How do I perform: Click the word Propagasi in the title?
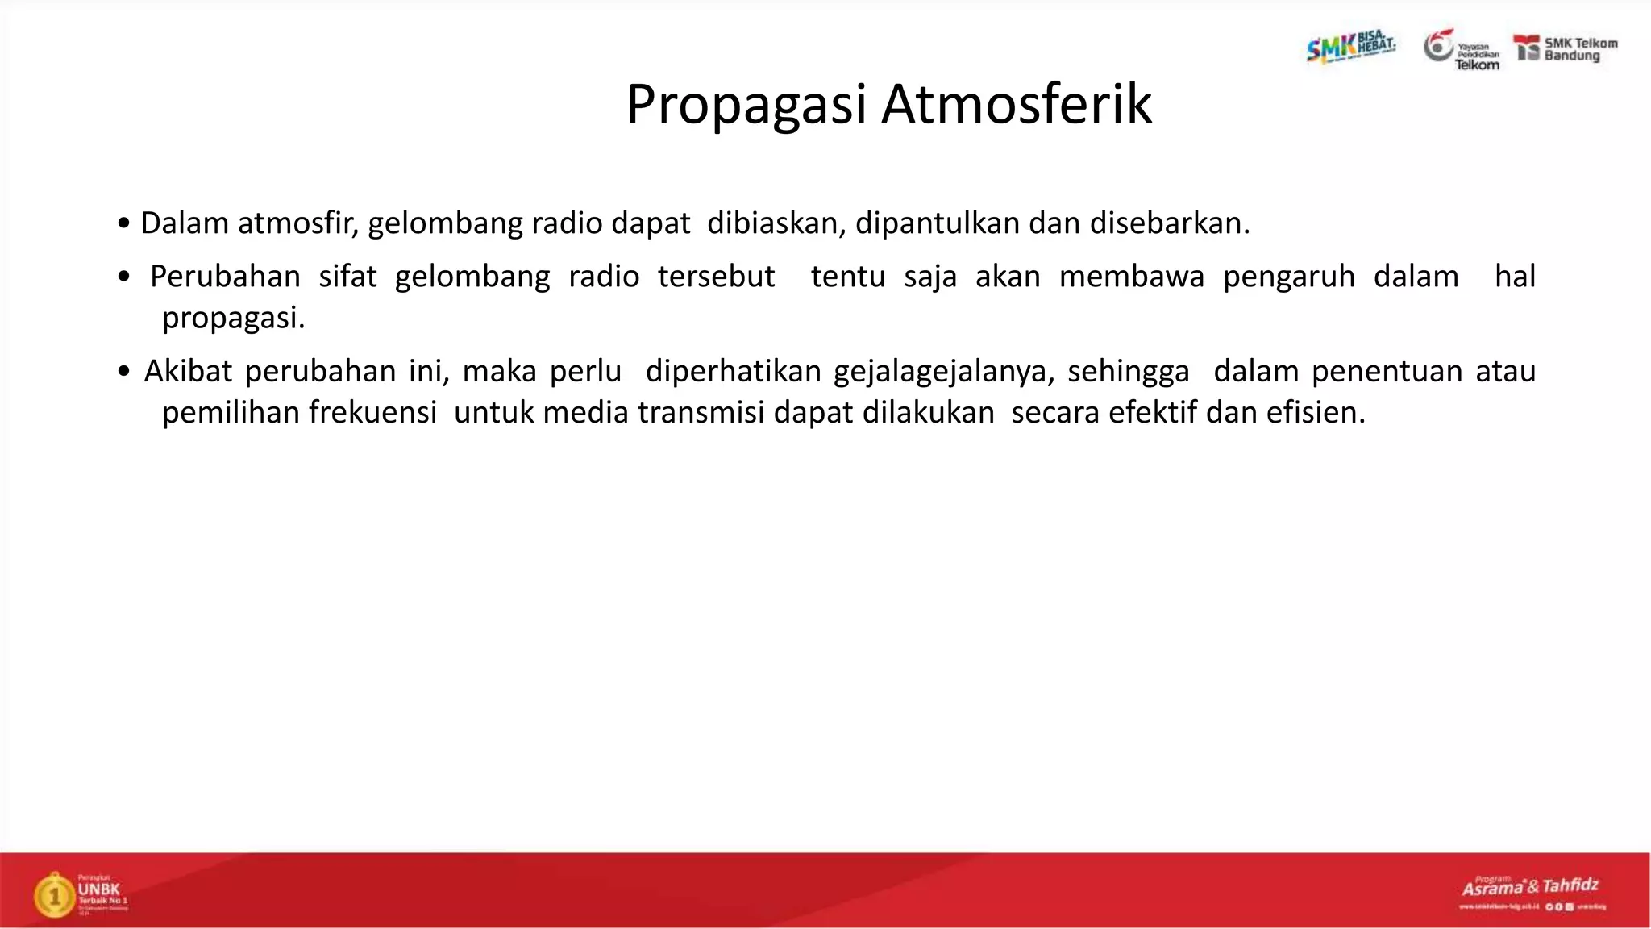746,105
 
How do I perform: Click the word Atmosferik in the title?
1017,105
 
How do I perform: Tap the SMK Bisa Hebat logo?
1350,47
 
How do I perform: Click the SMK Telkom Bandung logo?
1566,49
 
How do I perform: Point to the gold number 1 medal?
54,895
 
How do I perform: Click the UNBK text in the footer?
99,889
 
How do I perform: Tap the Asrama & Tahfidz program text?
1530,887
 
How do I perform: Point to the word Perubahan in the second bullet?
225,277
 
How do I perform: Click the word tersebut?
716,277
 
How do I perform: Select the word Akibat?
188,371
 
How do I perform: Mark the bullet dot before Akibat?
123,372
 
